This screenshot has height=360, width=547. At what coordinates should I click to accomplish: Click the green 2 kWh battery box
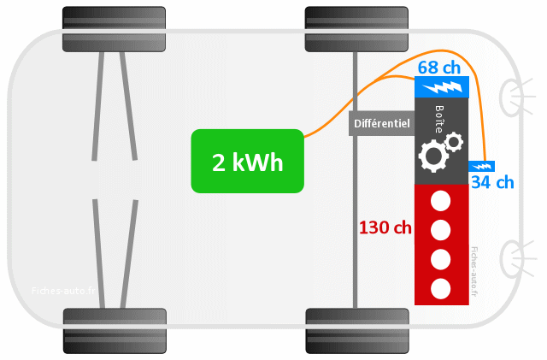tap(247, 161)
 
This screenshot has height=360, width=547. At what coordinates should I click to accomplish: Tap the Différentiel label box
tap(382, 123)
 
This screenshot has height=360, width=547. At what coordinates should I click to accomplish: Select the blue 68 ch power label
tap(438, 68)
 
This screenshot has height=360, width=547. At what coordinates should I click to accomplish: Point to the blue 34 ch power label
tap(492, 182)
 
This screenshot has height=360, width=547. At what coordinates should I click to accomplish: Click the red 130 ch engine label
tap(385, 227)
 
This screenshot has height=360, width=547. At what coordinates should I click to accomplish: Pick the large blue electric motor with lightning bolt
tap(442, 87)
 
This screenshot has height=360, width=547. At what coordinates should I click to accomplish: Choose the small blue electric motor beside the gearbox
tap(481, 166)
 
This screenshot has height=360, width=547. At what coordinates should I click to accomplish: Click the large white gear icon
tap(433, 156)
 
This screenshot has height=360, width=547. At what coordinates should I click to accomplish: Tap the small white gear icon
tap(454, 142)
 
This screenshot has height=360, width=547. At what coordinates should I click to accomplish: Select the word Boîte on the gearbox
tap(439, 119)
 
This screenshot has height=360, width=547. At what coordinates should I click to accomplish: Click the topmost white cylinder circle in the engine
tap(441, 201)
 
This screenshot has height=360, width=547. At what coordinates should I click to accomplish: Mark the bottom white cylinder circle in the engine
tap(441, 289)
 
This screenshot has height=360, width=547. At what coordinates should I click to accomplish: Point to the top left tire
tap(114, 29)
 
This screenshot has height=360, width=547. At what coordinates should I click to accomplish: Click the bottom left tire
tap(115, 331)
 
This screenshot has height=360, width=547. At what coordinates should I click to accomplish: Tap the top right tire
tap(356, 29)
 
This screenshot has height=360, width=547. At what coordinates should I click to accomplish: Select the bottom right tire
tap(357, 331)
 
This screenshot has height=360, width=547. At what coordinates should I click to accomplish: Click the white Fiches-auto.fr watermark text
tap(63, 291)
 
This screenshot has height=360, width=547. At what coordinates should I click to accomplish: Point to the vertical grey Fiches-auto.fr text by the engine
tap(474, 271)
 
